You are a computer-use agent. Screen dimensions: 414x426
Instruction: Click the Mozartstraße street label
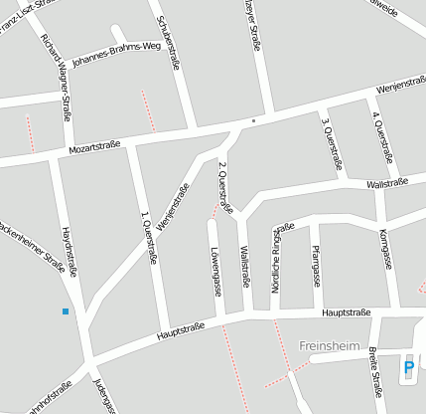[x=94, y=146]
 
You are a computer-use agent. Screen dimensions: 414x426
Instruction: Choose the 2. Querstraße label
[x=225, y=187]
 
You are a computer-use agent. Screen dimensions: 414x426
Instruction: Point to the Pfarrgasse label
[x=316, y=265]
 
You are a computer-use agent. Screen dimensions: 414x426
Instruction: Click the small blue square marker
[x=66, y=311]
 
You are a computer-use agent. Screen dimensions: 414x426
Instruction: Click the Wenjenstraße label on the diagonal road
[x=173, y=205]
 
